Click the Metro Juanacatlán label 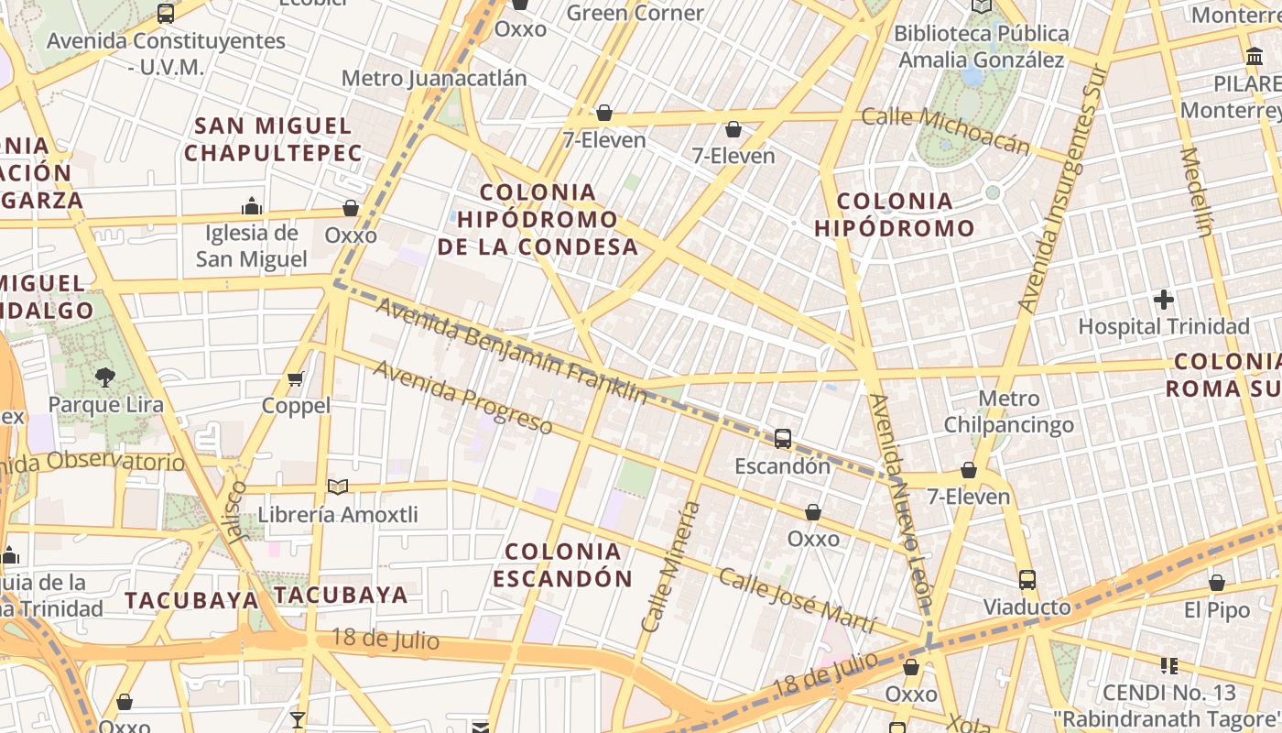pyautogui.click(x=434, y=78)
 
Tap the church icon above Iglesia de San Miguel pyautogui.click(x=252, y=205)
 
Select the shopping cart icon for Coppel pyautogui.click(x=296, y=378)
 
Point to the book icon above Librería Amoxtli pyautogui.click(x=338, y=487)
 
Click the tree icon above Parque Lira pyautogui.click(x=105, y=377)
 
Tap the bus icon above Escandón pyautogui.click(x=783, y=439)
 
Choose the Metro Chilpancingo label pyautogui.click(x=1009, y=411)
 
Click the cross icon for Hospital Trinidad pyautogui.click(x=1164, y=300)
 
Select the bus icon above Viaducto pyautogui.click(x=1027, y=580)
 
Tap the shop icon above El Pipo pyautogui.click(x=1217, y=583)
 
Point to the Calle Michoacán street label pyautogui.click(x=946, y=130)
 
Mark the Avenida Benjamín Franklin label pyautogui.click(x=511, y=351)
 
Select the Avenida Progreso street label pyautogui.click(x=462, y=398)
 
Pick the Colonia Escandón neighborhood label pyautogui.click(x=562, y=564)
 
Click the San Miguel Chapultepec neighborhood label pyautogui.click(x=273, y=139)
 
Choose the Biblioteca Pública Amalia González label pyautogui.click(x=981, y=47)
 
